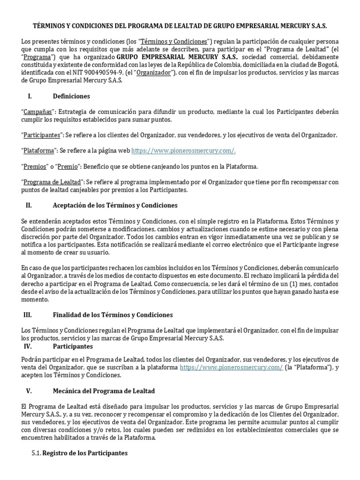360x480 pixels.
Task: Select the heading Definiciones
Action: pos(71,96)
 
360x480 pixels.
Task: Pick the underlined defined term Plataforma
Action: pos(40,150)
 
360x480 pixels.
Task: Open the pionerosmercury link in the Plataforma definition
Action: pos(183,150)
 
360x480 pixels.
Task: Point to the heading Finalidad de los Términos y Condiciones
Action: pos(112,315)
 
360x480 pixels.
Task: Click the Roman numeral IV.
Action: pos(27,346)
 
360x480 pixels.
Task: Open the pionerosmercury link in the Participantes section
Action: pos(231,368)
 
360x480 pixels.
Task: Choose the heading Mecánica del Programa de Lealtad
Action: pos(105,390)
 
